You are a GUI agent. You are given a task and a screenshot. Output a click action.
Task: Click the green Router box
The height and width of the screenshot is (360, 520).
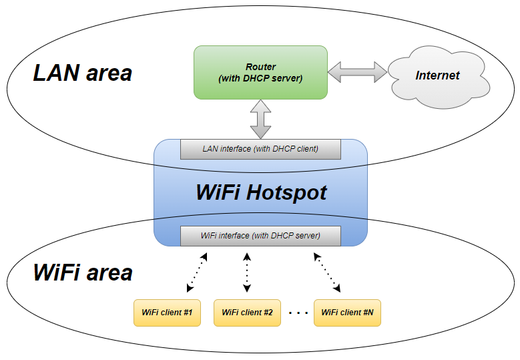click(x=260, y=72)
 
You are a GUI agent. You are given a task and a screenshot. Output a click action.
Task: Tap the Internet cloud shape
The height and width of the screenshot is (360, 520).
click(x=439, y=77)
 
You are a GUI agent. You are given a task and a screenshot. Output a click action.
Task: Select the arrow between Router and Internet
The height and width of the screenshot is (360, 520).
click(x=358, y=71)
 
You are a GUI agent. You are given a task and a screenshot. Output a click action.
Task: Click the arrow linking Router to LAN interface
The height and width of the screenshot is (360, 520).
click(x=260, y=119)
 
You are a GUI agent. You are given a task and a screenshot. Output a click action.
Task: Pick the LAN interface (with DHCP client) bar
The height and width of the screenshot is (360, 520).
click(x=260, y=150)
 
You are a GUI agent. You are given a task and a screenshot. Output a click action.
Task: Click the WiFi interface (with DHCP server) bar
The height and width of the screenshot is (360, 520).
click(x=260, y=236)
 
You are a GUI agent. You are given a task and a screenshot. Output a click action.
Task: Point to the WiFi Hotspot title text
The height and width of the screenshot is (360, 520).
click(x=261, y=192)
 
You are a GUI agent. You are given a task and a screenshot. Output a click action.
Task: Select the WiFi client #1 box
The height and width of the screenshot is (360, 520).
click(x=167, y=313)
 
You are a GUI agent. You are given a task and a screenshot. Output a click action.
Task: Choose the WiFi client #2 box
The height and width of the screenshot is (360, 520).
click(x=248, y=313)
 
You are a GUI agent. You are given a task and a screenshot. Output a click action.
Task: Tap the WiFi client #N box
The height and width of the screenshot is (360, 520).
click(x=347, y=313)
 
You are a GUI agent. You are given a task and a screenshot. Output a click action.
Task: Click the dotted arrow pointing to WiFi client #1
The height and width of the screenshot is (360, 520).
click(x=197, y=273)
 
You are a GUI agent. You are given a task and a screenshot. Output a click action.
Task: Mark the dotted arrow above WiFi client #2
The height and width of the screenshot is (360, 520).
click(x=247, y=273)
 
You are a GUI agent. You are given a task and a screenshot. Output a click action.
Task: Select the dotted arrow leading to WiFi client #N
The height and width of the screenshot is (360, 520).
click(x=327, y=273)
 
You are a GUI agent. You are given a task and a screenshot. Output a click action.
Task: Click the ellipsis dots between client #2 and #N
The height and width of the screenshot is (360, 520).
click(x=298, y=313)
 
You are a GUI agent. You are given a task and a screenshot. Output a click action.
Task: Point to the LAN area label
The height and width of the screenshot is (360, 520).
click(x=83, y=73)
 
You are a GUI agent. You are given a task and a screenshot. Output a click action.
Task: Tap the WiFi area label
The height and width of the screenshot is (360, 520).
click(x=83, y=273)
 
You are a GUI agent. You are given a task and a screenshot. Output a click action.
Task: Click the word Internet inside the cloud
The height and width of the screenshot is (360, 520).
click(x=437, y=75)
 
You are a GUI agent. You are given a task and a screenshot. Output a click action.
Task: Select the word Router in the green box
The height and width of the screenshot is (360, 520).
click(x=260, y=67)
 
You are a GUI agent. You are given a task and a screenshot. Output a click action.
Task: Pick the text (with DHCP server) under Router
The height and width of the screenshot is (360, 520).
click(x=260, y=78)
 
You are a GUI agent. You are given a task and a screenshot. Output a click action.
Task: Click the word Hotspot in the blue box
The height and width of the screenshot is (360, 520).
click(x=286, y=193)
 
